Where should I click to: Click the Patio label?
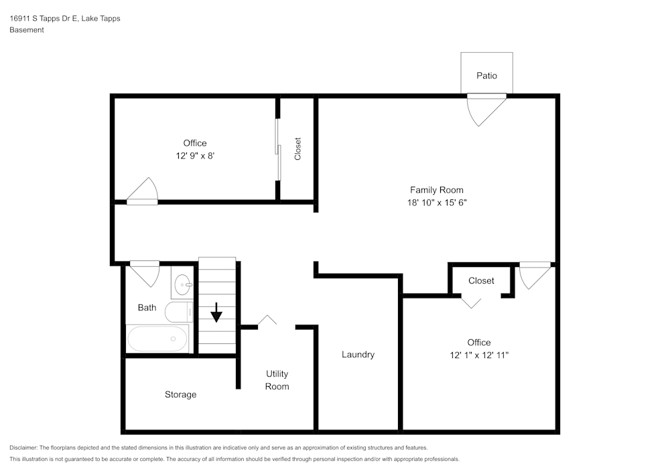(486, 76)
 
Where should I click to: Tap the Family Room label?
(436, 190)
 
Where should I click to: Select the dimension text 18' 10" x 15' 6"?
(436, 202)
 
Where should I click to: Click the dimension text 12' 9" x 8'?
(195, 155)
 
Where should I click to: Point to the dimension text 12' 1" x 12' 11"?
(479, 355)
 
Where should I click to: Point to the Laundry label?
(358, 355)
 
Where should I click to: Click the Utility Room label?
(277, 380)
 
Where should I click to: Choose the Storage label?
(181, 395)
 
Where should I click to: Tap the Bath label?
(147, 308)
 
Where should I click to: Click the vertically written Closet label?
(297, 149)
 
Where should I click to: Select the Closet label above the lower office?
(481, 281)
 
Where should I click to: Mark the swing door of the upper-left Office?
(143, 193)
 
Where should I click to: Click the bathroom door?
(144, 272)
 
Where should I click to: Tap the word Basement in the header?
(27, 30)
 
